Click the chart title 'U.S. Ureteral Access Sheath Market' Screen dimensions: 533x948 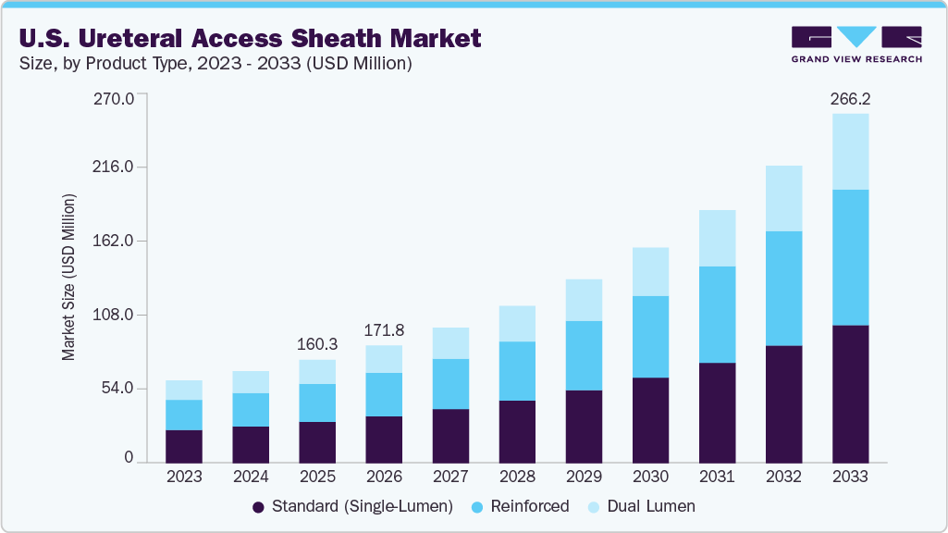click(x=248, y=38)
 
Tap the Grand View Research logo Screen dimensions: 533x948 click(x=856, y=43)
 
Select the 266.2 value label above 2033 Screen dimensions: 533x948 click(x=850, y=98)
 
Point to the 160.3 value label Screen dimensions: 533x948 click(x=317, y=344)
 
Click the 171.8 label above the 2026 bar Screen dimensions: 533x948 click(x=384, y=330)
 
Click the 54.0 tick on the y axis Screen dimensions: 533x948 click(x=118, y=389)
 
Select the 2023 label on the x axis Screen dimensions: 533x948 click(x=184, y=477)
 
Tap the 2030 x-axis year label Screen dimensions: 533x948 click(x=650, y=477)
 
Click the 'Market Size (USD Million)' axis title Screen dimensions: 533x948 click(x=68, y=278)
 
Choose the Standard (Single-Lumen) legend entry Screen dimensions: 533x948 click(x=352, y=506)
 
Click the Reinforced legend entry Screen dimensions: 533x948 click(x=519, y=506)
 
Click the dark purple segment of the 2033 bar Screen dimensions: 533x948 click(x=850, y=393)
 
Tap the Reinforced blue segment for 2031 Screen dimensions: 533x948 click(x=717, y=315)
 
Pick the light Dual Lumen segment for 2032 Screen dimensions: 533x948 click(x=783, y=198)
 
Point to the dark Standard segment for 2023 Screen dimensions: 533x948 click(x=184, y=446)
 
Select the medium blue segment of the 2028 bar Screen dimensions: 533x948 click(x=517, y=371)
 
